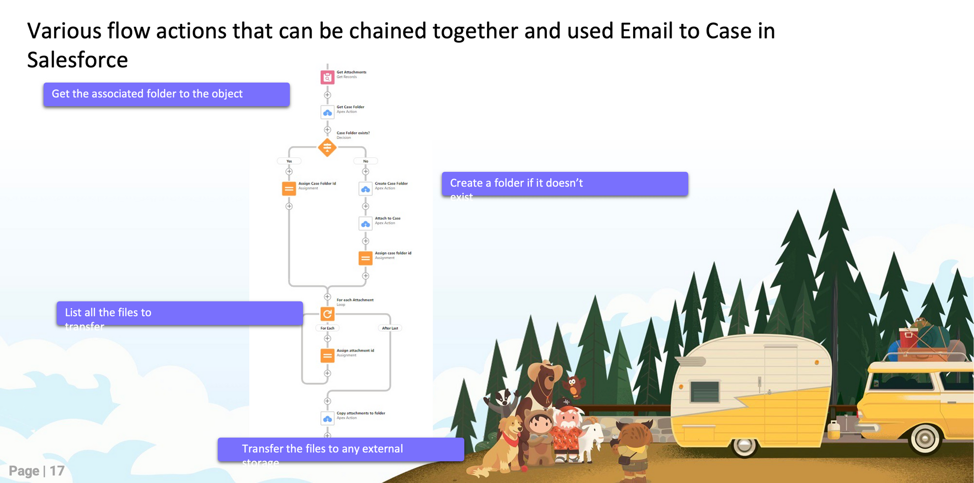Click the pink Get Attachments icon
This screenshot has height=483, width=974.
click(327, 77)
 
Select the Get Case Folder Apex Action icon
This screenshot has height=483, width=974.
click(327, 112)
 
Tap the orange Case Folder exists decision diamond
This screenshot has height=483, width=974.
click(327, 147)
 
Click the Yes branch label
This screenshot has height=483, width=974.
click(289, 161)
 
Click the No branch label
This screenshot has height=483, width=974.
click(366, 161)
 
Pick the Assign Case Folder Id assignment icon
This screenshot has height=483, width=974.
click(289, 188)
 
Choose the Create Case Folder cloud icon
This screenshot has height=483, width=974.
click(366, 188)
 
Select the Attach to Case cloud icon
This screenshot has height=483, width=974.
click(366, 223)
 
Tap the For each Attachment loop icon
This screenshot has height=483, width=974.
click(327, 314)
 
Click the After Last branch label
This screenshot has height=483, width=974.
click(390, 328)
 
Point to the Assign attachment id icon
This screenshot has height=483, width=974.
click(327, 355)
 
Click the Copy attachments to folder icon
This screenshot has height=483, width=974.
click(327, 418)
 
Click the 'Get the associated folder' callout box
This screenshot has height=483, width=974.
click(167, 94)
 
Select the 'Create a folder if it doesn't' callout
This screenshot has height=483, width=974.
click(565, 184)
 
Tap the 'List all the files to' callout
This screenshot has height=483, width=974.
click(180, 313)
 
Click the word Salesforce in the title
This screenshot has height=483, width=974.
click(77, 60)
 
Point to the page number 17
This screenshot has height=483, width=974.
click(57, 471)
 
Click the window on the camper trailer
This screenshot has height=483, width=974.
click(704, 391)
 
